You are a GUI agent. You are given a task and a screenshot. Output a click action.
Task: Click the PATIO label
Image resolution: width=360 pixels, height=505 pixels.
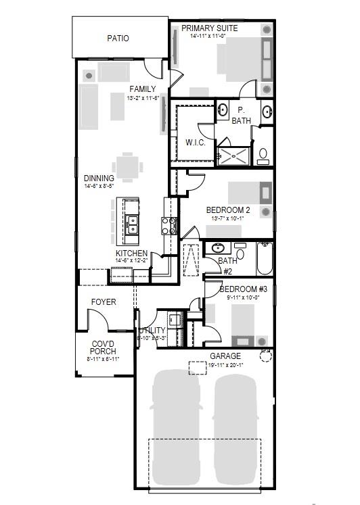point(118,39)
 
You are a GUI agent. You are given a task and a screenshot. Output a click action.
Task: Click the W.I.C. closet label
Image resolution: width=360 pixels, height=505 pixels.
point(195,143)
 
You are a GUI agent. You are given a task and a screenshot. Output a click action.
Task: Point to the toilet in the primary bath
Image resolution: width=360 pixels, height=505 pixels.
point(264,155)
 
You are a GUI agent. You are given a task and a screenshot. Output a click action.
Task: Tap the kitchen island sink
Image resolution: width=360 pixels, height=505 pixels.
point(132,220)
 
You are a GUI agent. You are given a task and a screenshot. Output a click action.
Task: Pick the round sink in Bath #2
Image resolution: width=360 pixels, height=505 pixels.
point(219,248)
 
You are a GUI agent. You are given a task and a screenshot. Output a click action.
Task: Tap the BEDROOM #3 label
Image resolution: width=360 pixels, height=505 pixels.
point(243,289)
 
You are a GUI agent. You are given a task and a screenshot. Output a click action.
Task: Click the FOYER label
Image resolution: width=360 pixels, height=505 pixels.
point(104,302)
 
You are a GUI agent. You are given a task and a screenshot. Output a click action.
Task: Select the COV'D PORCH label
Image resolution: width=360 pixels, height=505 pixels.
point(104,347)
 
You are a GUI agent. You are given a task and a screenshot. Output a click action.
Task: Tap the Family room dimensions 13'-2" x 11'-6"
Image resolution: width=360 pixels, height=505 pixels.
point(143,98)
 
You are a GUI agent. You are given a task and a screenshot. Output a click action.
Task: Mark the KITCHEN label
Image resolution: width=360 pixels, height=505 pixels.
point(131,253)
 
